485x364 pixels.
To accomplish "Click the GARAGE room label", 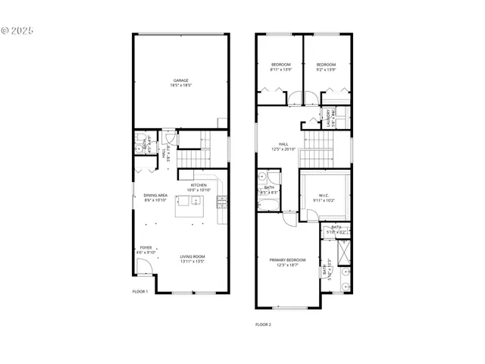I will point(180,80).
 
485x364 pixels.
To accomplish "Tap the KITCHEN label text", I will point(199,185).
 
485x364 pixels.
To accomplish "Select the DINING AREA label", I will point(155,196).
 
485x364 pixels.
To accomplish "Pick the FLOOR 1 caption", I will point(140,290).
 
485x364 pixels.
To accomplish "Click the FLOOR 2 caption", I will point(263,324).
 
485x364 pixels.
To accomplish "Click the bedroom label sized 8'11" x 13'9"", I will point(280,64).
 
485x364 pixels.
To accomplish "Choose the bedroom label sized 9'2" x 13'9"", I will point(326,64).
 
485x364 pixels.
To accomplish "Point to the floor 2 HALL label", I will point(283,144).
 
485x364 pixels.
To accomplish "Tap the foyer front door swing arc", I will point(141,265).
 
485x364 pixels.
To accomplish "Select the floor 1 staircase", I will point(194,155).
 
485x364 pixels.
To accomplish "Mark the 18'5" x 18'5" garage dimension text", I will point(180,85).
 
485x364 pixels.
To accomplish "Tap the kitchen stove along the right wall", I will point(221,202).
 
